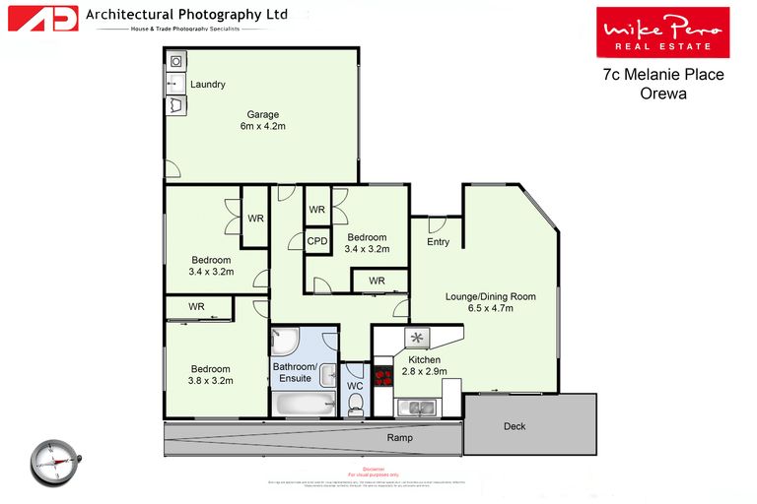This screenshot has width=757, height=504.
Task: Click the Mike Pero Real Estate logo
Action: tap(662, 32)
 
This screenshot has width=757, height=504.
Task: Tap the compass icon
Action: tap(53, 463)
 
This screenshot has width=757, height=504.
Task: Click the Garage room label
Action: tap(262, 114)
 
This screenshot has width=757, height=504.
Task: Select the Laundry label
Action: tap(208, 85)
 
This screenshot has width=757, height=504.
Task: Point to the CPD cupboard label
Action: tap(316, 241)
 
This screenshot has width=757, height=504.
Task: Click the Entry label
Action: tap(438, 242)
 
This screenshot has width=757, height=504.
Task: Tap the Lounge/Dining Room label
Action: tap(490, 296)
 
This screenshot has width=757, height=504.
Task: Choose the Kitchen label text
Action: tap(424, 360)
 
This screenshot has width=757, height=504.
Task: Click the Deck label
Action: tap(514, 426)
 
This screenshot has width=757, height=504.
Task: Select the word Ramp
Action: tap(399, 437)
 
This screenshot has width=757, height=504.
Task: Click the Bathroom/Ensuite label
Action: tap(296, 372)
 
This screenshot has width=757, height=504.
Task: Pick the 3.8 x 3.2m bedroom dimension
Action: tap(211, 382)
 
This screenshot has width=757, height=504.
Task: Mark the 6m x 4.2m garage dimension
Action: tap(262, 127)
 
